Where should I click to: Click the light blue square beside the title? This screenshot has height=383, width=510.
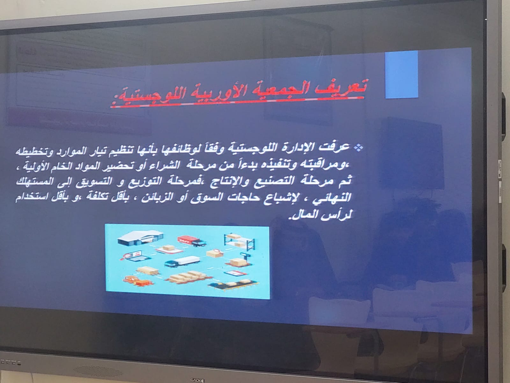(x=402, y=74)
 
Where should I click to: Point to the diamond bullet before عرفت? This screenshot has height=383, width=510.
(x=359, y=147)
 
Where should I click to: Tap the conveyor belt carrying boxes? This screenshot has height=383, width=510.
(x=233, y=285)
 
